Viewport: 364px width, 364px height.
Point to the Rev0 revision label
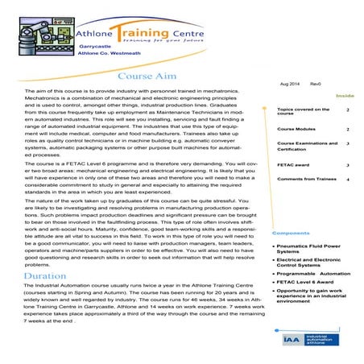[316, 85]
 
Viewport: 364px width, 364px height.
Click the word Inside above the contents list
[345, 96]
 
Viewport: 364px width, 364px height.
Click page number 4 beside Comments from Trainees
[347, 179]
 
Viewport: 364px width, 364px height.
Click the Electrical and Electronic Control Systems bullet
[311, 263]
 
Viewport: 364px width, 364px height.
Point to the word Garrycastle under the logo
[95, 46]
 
